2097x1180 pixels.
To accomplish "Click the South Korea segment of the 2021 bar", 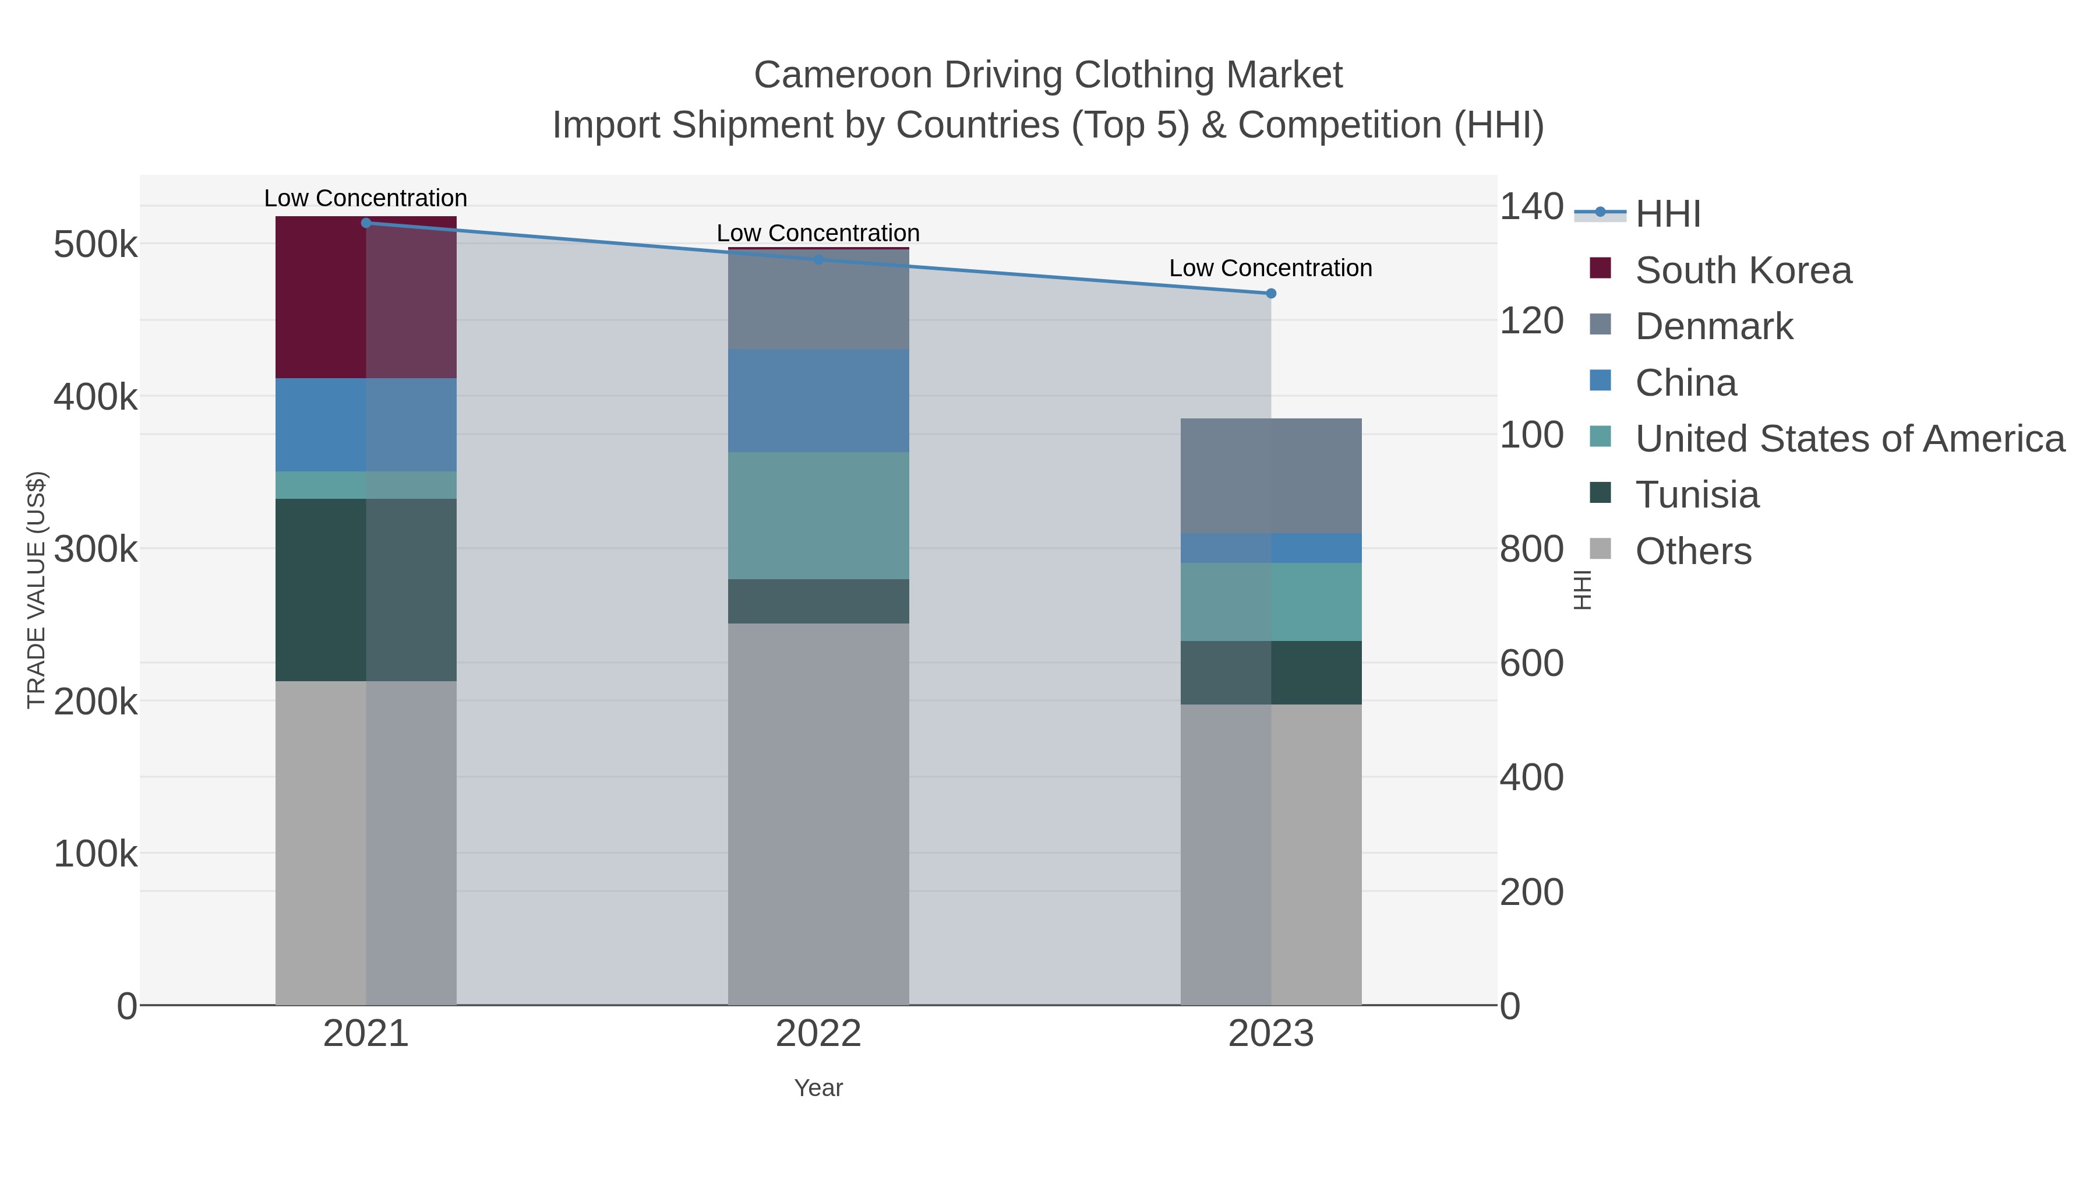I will coord(365,297).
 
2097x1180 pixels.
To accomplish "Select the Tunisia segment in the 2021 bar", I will coord(365,590).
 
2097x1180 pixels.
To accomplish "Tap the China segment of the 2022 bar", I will coord(818,401).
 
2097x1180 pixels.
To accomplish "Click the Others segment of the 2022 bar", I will coord(818,815).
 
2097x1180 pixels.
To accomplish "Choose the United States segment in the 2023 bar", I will coord(1271,602).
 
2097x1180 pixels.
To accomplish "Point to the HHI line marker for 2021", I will coord(365,223).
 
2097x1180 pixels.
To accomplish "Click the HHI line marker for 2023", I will coord(1271,293).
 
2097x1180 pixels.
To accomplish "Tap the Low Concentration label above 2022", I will coord(818,233).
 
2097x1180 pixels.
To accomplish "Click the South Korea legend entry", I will coord(1742,270).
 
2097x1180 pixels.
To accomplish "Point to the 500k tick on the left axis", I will coord(96,244).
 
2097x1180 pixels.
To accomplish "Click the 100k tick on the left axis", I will coord(96,854).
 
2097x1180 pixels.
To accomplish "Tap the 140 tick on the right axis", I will coord(1530,207).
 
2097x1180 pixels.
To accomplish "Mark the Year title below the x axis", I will coord(818,1088).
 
